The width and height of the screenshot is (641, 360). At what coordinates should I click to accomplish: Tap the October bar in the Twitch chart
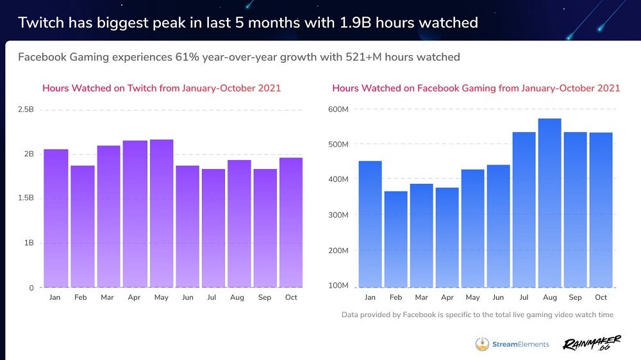(x=291, y=222)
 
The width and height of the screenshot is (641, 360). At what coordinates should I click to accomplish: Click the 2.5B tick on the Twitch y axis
(x=26, y=110)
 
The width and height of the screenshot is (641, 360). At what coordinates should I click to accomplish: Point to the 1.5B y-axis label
(x=26, y=198)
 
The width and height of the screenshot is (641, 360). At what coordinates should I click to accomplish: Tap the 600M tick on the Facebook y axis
(x=338, y=109)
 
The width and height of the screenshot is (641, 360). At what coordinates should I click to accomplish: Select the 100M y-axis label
(x=338, y=285)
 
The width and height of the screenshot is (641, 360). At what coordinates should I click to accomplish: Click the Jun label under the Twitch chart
(x=187, y=297)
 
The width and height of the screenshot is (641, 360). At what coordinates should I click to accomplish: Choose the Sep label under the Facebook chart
(x=575, y=297)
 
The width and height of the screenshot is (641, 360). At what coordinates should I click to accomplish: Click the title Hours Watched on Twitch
(x=162, y=88)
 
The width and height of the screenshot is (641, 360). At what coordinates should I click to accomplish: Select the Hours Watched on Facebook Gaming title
(x=476, y=88)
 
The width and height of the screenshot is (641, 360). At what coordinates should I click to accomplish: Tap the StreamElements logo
(x=512, y=344)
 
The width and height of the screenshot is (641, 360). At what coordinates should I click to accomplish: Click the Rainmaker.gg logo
(x=591, y=344)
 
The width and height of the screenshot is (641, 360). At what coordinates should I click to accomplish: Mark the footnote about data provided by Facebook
(x=478, y=315)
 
